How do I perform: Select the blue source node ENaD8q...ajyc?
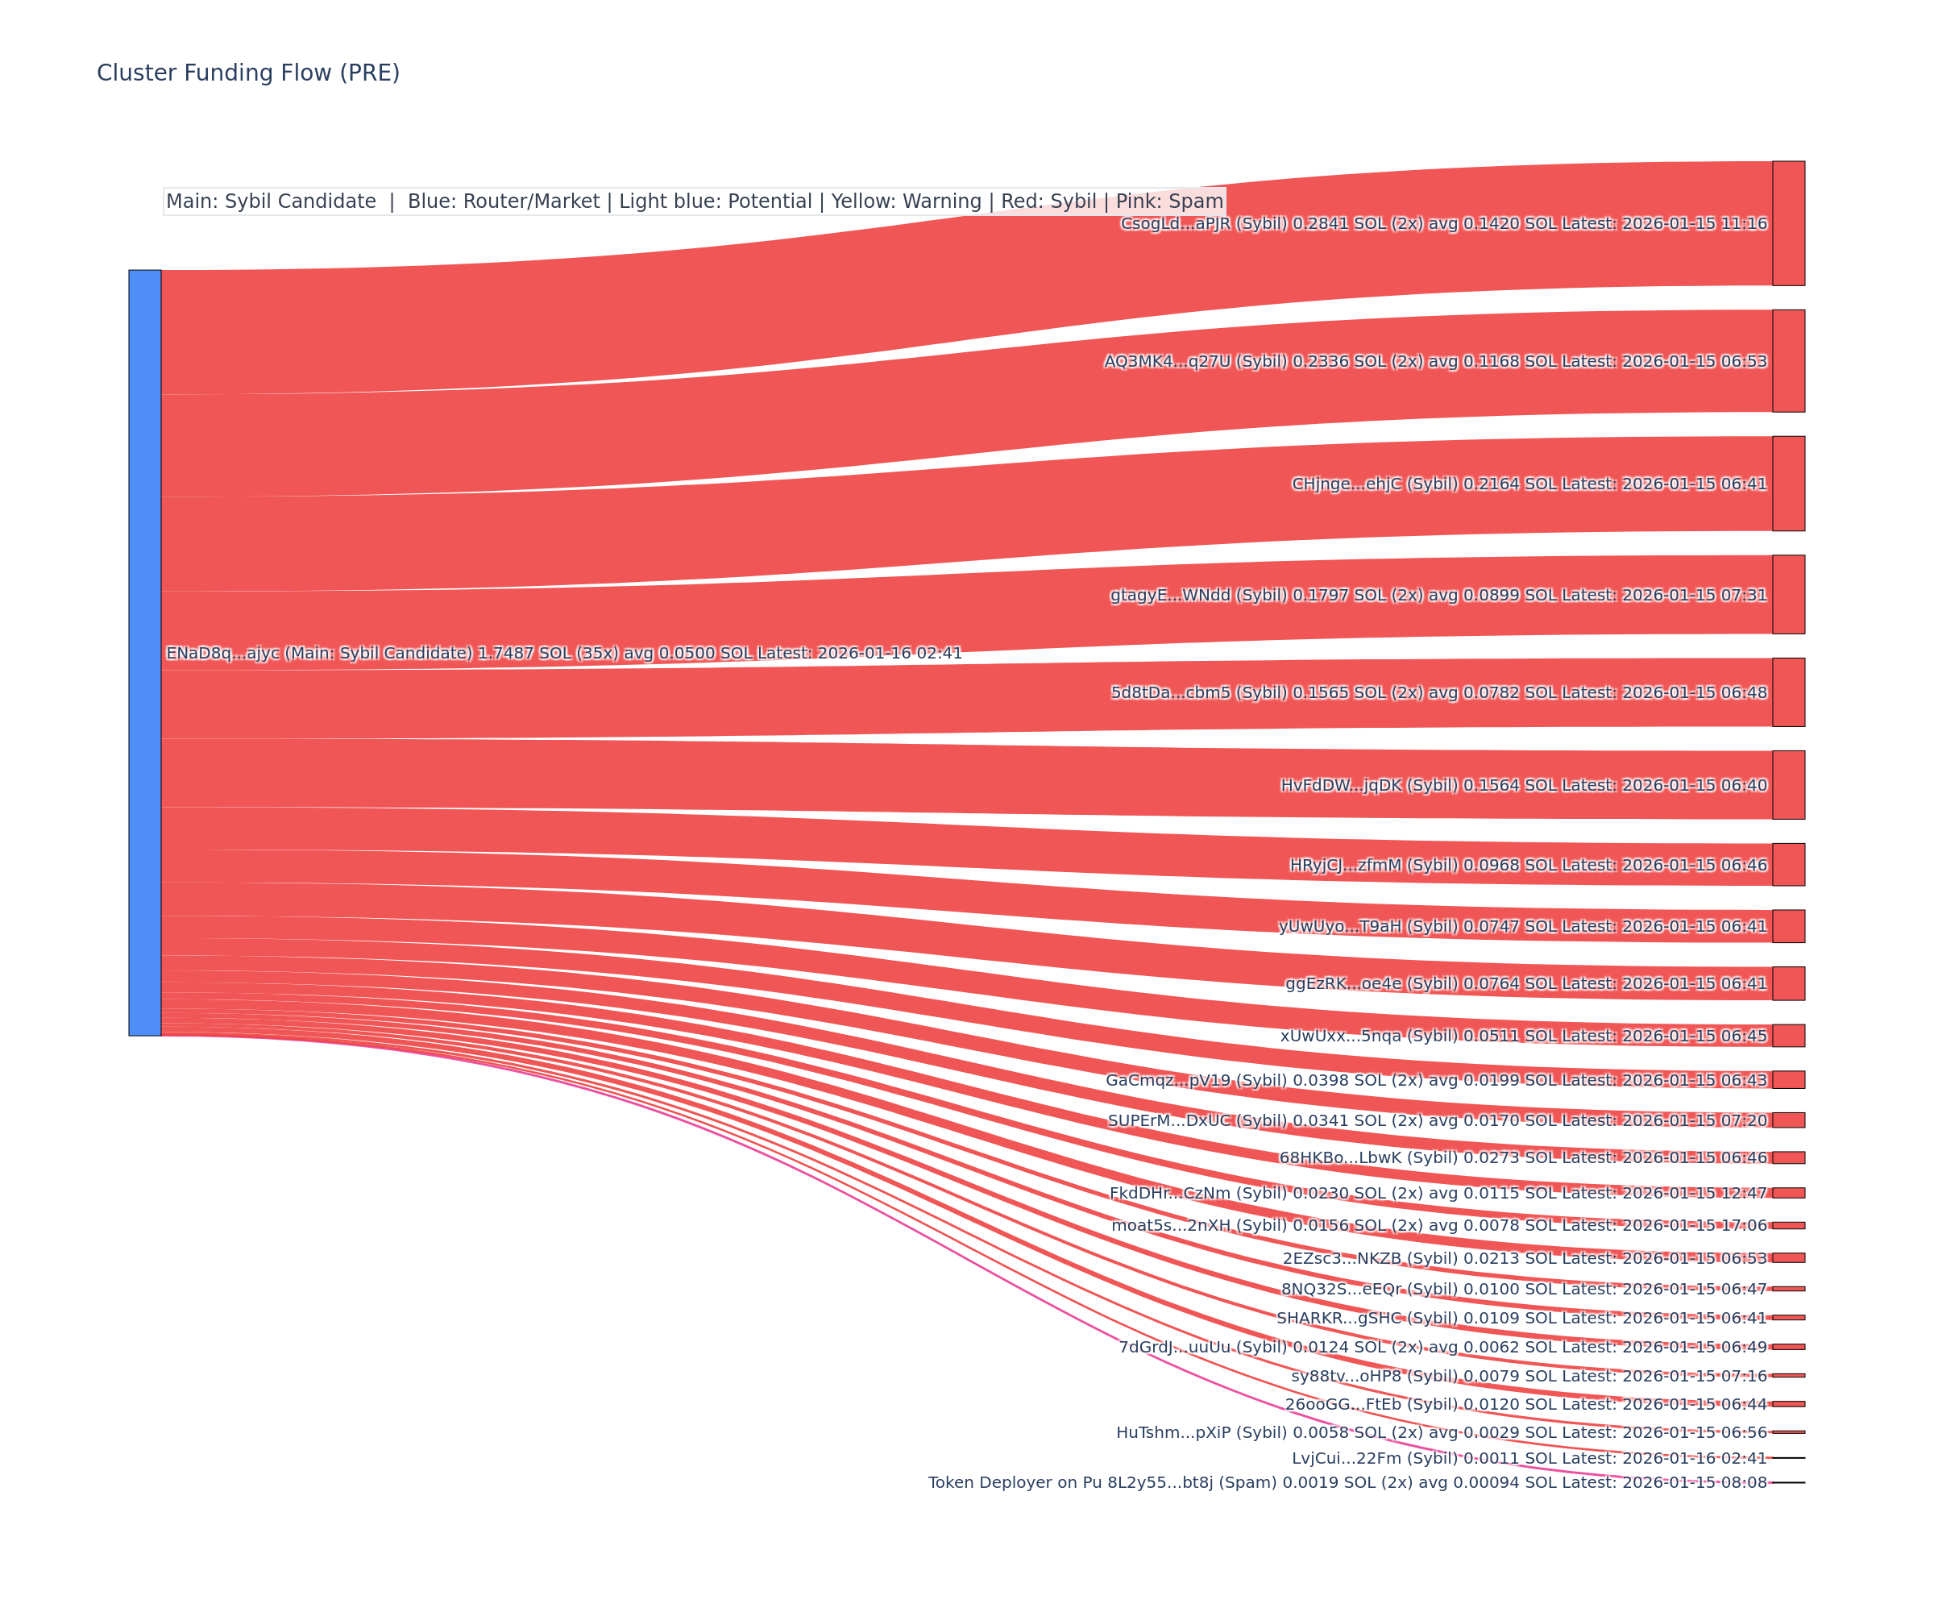click(144, 652)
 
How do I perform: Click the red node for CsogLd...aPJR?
click(1788, 223)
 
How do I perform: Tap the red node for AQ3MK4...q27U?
click(1788, 361)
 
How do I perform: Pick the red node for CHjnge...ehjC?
click(1788, 484)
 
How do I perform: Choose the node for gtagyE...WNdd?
click(1788, 594)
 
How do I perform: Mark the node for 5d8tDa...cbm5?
click(1788, 692)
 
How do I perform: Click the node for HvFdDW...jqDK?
click(1788, 785)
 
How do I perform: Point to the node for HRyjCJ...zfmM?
click(1788, 864)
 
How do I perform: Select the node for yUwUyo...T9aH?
click(1788, 926)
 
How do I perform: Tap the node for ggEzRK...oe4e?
click(1788, 983)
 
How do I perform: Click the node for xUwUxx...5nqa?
click(1788, 1036)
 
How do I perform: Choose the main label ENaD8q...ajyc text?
click(563, 653)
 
